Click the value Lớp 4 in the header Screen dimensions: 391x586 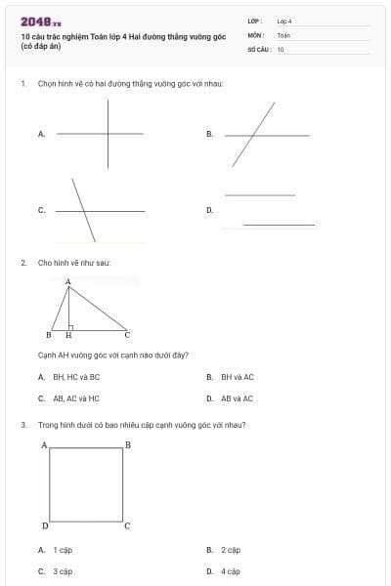(283, 21)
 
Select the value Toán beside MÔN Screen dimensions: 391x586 (283, 34)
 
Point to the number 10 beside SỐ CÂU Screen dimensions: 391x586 (281, 48)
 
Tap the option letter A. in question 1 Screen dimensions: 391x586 (41, 134)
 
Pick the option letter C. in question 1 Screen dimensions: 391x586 (41, 210)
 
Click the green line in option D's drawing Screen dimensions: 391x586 (279, 226)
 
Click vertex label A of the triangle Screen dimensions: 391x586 (68, 282)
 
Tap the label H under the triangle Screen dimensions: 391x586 (68, 335)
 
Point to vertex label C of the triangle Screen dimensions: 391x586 (127, 335)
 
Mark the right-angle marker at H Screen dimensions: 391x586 (71, 327)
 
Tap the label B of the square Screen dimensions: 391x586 (127, 445)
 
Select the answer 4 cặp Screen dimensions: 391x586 (231, 571)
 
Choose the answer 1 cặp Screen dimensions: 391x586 (63, 550)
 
